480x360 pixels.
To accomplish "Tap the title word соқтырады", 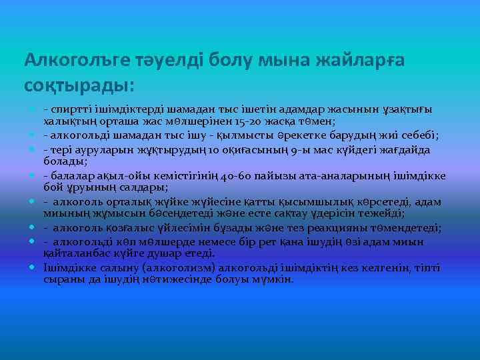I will pyautogui.click(x=78, y=86).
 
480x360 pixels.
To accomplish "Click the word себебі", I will pyautogui.click(x=416, y=136).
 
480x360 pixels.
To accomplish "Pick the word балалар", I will pyautogui.click(x=71, y=176).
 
